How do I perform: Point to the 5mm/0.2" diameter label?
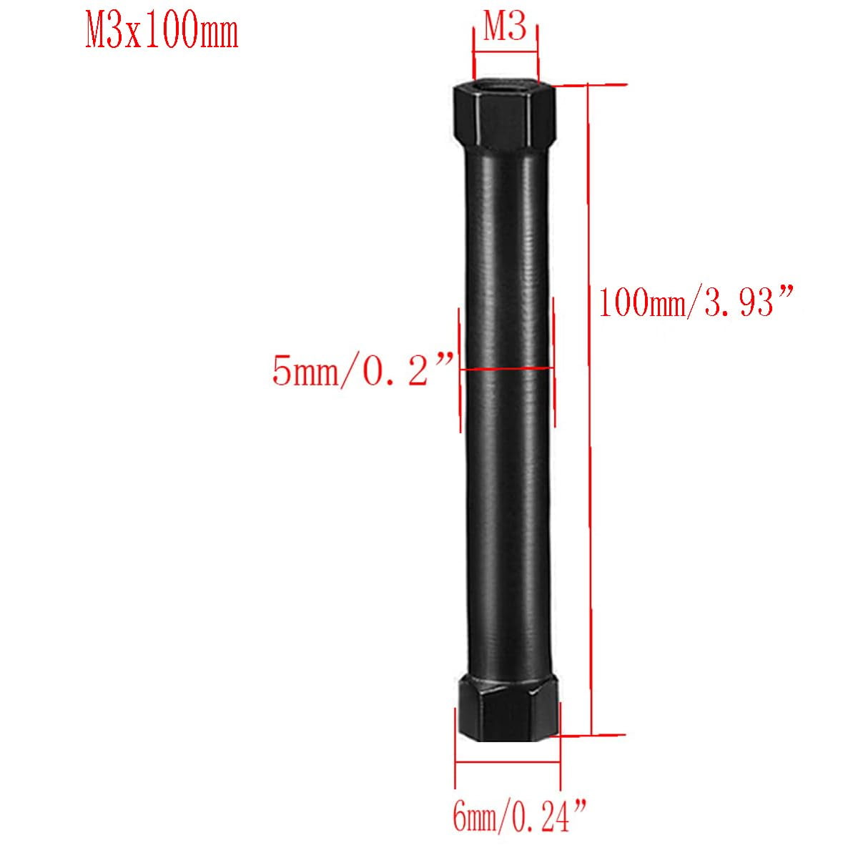363,371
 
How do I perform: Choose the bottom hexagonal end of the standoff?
508,705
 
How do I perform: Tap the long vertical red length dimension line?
590,408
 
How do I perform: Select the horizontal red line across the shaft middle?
506,369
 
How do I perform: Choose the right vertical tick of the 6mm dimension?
560,758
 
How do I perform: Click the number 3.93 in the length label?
740,303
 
